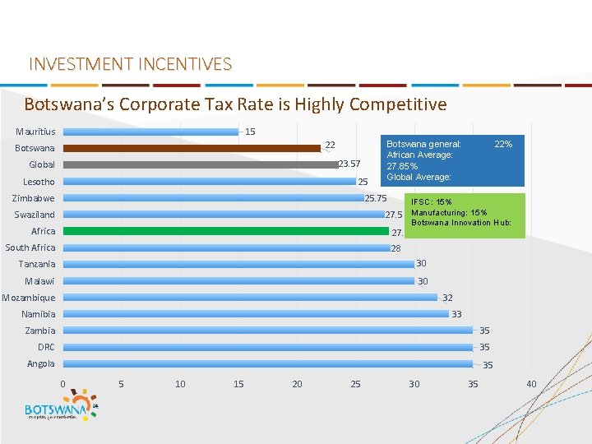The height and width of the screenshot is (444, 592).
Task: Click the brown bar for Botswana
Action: coord(192,149)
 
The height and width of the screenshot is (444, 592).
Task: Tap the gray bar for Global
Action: coord(201,164)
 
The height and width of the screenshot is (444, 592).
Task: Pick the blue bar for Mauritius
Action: coord(151,132)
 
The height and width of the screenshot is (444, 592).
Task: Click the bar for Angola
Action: coord(268,363)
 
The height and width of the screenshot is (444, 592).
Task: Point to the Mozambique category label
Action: coord(29,298)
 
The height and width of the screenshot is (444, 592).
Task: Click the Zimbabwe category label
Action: coord(34,198)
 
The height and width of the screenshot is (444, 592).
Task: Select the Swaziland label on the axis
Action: coord(35,215)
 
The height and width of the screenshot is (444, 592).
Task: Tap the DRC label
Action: coord(46,347)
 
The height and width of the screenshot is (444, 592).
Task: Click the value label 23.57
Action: coord(349,163)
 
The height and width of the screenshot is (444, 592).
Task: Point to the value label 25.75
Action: coord(376,198)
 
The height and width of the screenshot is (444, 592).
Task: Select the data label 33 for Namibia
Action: coord(456,314)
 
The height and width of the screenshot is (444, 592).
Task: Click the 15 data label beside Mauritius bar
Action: coord(250,132)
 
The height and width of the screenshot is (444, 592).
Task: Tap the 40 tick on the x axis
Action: coord(531,384)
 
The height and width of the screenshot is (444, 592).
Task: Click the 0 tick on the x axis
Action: coord(62,384)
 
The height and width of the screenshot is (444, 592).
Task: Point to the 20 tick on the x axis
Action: coord(297,384)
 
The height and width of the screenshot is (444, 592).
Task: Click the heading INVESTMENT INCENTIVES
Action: coord(130,64)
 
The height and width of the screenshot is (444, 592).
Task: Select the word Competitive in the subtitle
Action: coord(398,104)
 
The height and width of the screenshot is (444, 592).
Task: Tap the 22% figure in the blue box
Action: coord(503,144)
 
